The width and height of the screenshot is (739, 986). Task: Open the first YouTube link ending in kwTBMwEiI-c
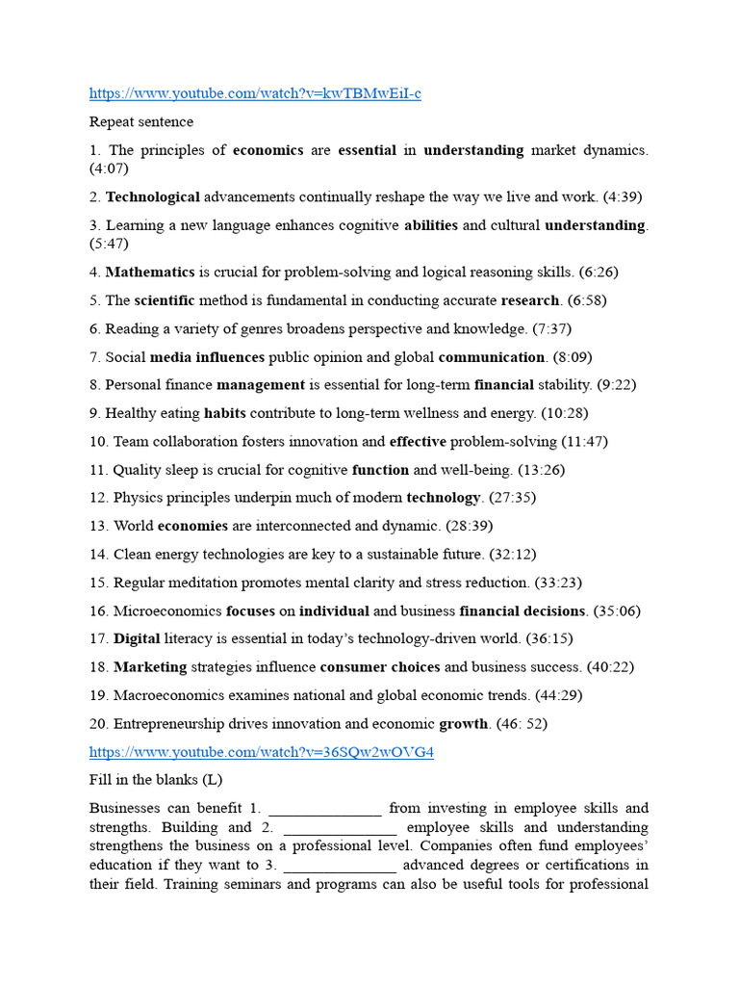[x=255, y=93]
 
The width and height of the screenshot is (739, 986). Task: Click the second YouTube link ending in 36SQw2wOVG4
[x=261, y=752]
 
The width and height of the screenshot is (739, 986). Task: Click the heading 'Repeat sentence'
[x=141, y=122]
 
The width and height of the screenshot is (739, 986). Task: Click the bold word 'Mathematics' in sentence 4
[x=150, y=272]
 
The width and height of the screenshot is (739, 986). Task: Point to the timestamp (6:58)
[x=587, y=300]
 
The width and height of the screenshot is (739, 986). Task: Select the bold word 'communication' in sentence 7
[x=492, y=357]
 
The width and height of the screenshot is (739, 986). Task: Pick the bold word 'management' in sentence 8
[x=260, y=385]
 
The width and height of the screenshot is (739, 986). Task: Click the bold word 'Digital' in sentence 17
[x=137, y=638]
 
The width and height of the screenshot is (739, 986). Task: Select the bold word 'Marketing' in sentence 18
[x=150, y=667]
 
